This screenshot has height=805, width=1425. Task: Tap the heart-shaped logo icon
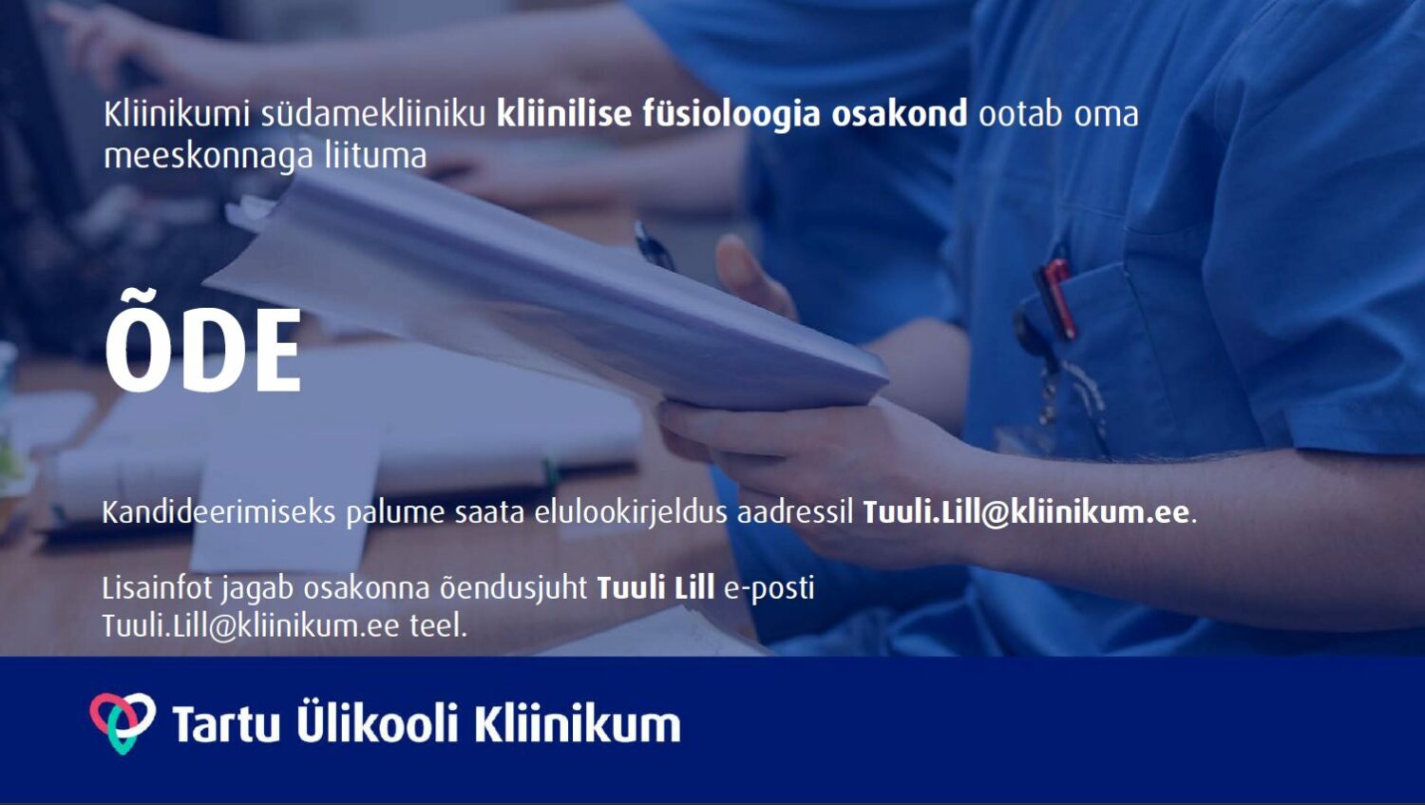pos(123,722)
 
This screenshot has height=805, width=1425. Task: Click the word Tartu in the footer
pos(226,723)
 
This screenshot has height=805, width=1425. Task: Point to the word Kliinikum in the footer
pos(578,722)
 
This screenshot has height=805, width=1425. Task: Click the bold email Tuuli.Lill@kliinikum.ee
pos(1025,512)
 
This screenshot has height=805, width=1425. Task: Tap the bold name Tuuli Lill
pos(655,587)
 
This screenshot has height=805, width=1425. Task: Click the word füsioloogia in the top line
pos(731,115)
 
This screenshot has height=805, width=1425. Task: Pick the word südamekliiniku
pos(373,115)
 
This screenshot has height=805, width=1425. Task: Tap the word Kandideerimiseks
pos(218,512)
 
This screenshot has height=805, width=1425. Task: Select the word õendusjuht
pos(514,587)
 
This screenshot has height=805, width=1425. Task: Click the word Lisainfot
pos(157,587)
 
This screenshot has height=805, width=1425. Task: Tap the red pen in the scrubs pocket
pos(1056,297)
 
